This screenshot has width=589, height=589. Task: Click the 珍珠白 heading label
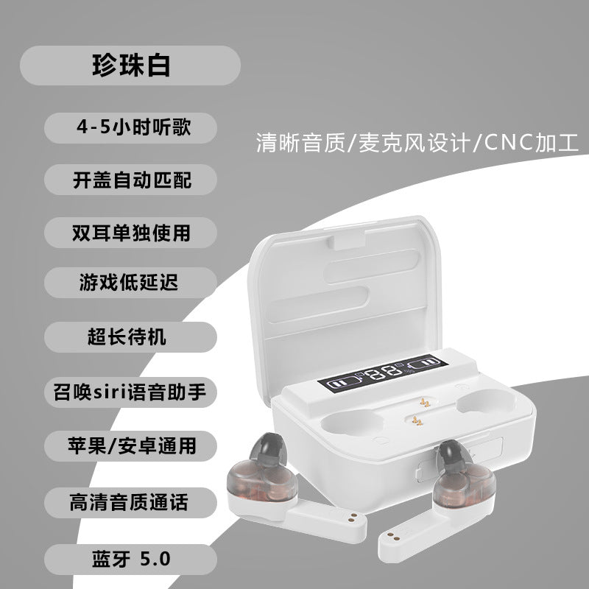(130, 66)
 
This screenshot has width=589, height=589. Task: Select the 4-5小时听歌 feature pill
(130, 127)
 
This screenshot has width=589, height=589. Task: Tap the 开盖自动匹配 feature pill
(130, 180)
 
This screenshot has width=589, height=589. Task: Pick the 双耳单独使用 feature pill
(130, 233)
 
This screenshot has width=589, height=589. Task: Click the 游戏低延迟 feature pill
(130, 283)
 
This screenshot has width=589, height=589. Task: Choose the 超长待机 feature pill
(130, 337)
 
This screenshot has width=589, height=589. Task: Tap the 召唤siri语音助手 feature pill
(130, 392)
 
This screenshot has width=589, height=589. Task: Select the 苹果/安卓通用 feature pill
(130, 446)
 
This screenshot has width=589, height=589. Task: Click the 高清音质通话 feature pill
(130, 503)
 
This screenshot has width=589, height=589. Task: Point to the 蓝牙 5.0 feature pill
(130, 560)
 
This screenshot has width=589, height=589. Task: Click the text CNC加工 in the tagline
(531, 143)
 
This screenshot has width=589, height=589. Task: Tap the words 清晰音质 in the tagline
(300, 143)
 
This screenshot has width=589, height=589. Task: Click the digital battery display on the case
(383, 373)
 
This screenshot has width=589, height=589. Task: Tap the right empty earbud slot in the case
(487, 401)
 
